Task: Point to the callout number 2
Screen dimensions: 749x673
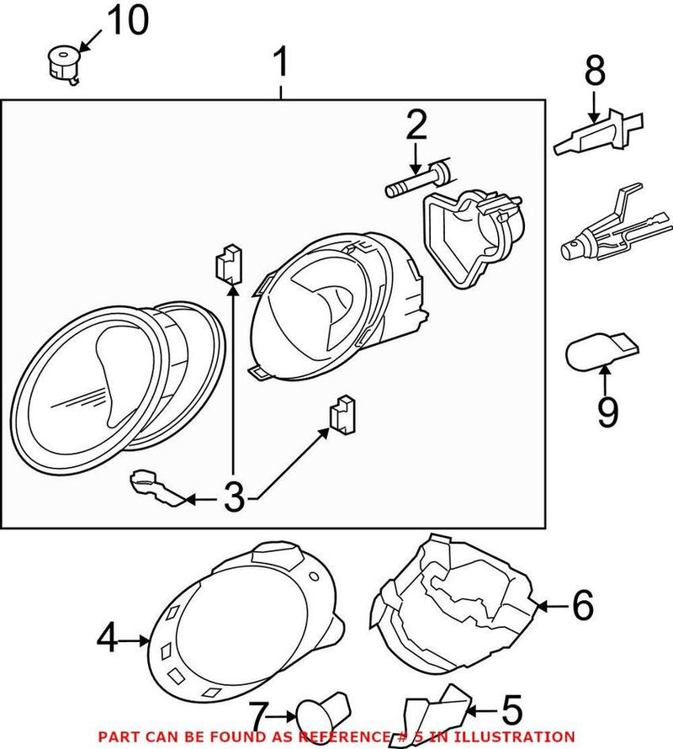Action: click(416, 126)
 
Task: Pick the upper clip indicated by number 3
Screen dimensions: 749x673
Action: click(227, 265)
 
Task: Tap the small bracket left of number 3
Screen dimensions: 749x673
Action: click(152, 487)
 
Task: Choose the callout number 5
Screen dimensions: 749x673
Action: click(511, 710)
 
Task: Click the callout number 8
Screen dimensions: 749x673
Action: click(595, 72)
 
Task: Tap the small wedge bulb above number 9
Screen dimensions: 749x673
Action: click(599, 352)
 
